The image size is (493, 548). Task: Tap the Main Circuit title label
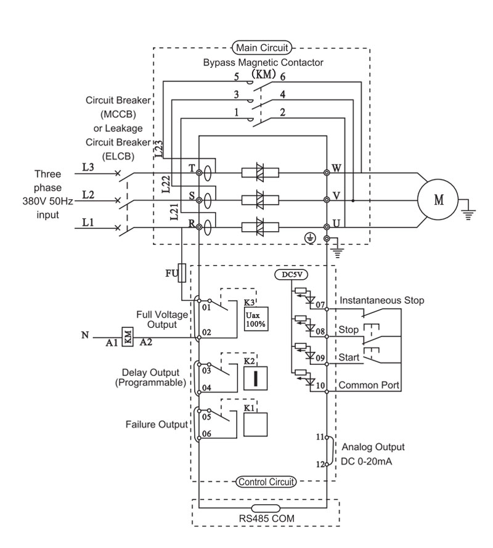262,47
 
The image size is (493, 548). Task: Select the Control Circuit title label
266,482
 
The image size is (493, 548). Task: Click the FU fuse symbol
182,272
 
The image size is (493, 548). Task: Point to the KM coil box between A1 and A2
128,337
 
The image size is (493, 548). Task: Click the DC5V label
291,275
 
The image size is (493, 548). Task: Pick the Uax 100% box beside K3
256,319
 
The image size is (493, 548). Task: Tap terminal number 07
320,305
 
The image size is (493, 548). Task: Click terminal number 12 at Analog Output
320,464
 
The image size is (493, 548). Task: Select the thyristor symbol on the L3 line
260,173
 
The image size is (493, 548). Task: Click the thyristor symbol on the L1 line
260,227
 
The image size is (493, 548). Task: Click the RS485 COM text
267,518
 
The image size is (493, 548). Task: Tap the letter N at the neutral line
85,335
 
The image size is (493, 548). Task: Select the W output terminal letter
336,168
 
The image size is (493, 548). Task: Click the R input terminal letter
192,223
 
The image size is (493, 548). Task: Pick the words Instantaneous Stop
382,301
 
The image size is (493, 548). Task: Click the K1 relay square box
255,425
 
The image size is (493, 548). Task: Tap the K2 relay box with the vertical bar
255,378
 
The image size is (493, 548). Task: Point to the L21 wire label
174,212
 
